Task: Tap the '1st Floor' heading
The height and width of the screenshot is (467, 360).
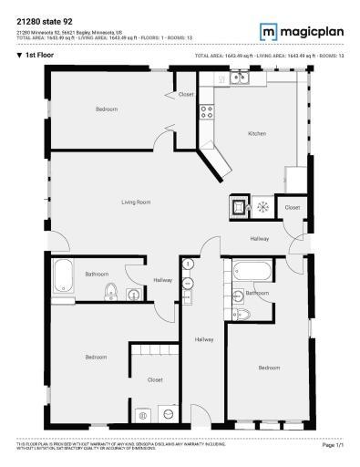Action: [37, 55]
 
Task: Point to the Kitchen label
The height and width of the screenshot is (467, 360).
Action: [257, 134]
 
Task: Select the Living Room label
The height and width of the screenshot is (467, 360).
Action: [136, 202]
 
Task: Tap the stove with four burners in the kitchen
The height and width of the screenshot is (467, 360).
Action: [207, 113]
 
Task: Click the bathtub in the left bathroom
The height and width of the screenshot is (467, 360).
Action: [64, 273]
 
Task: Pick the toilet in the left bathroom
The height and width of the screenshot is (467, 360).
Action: [111, 292]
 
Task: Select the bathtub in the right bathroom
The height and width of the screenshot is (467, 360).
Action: [249, 270]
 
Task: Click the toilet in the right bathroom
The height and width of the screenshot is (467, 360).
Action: [244, 313]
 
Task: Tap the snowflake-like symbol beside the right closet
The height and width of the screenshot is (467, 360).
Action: [261, 207]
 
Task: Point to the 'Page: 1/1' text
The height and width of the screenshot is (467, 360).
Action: [333, 445]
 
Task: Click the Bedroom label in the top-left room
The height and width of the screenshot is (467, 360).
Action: [107, 109]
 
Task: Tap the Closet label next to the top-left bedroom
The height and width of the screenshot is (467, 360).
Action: [186, 95]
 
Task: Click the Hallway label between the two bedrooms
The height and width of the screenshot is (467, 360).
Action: [204, 340]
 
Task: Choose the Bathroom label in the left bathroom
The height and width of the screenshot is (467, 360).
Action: [97, 274]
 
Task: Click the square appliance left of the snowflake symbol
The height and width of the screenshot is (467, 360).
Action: [239, 207]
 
